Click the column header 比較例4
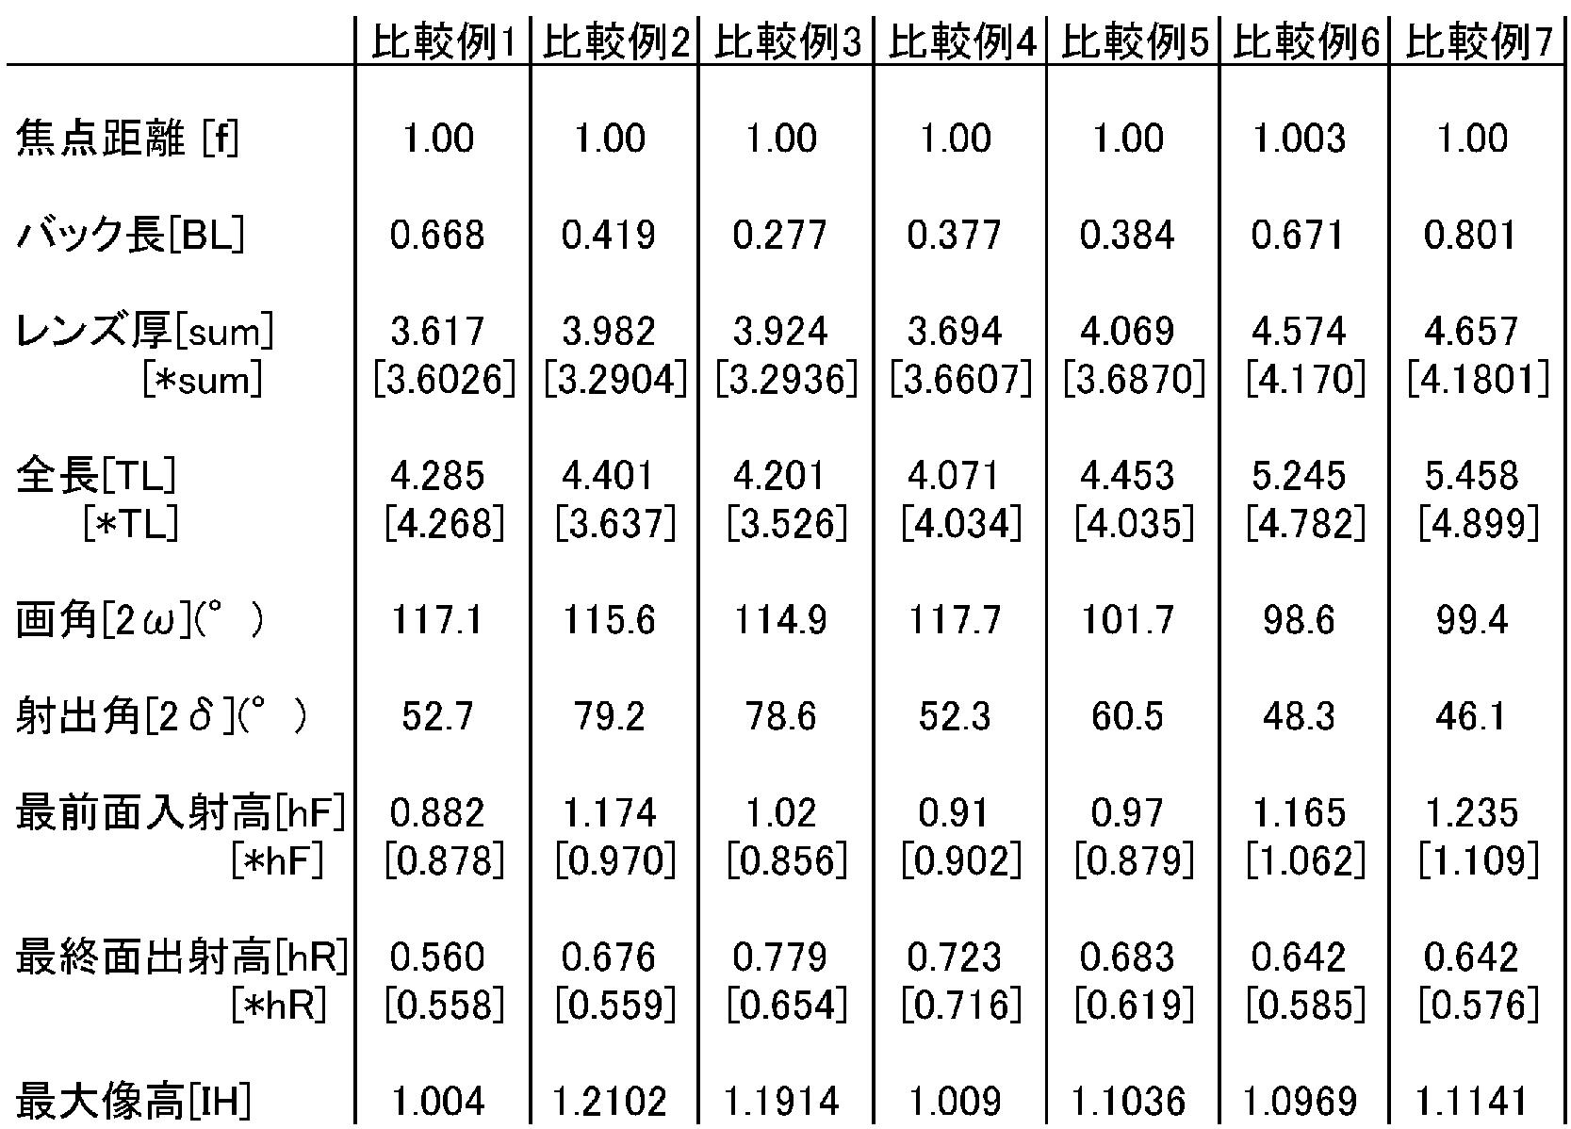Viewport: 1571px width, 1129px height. pyautogui.click(x=961, y=41)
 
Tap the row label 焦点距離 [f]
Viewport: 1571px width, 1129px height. pyautogui.click(x=127, y=139)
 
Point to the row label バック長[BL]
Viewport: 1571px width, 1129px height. pyautogui.click(x=130, y=235)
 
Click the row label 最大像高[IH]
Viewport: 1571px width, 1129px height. pyautogui.click(x=133, y=1100)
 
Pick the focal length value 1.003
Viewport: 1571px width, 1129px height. pyautogui.click(x=1299, y=139)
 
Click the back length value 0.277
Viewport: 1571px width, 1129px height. pyautogui.click(x=780, y=235)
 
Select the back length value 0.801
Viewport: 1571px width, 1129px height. pyautogui.click(x=1470, y=235)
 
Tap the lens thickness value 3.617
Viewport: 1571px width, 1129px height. pyautogui.click(x=437, y=331)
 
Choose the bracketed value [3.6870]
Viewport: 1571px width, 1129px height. pyautogui.click(x=1134, y=380)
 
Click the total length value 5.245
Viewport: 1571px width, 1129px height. pyautogui.click(x=1299, y=475)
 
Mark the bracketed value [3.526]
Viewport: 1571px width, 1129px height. pyautogui.click(x=787, y=524)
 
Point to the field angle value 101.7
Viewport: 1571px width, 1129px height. pyautogui.click(x=1127, y=620)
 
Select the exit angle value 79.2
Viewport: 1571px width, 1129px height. pyautogui.click(x=609, y=716)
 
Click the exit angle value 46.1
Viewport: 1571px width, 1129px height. pyautogui.click(x=1470, y=716)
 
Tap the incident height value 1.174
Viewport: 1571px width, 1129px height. pyautogui.click(x=609, y=812)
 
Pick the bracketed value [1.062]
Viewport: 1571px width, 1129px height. pyautogui.click(x=1306, y=861)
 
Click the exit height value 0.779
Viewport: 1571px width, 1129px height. pyautogui.click(x=780, y=957)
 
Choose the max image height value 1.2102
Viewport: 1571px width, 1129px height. pyautogui.click(x=609, y=1100)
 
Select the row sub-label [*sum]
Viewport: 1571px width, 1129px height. pyautogui.click(x=203, y=380)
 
